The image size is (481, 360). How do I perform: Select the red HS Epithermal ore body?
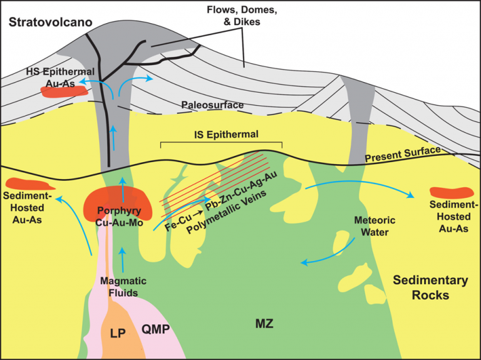point(63,91)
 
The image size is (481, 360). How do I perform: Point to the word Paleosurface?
point(212,105)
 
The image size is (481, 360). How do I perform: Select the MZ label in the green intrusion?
point(264,323)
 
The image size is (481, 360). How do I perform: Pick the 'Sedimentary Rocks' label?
point(430,287)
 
